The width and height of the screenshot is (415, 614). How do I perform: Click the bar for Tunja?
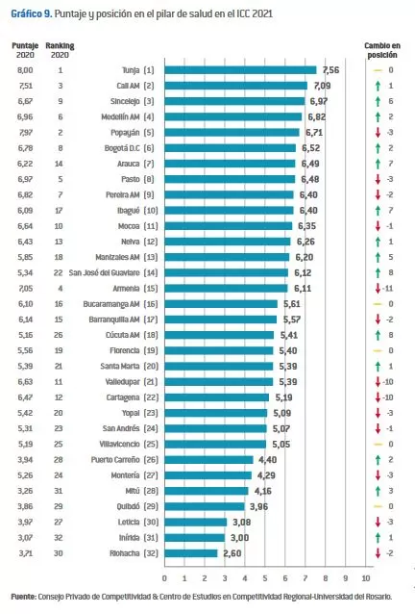[240, 70]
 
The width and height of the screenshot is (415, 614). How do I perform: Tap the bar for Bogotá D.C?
[230, 148]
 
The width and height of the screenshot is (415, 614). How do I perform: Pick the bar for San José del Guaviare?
[226, 272]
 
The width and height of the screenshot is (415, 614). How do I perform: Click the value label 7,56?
[330, 70]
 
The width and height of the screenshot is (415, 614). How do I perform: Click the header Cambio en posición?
[382, 50]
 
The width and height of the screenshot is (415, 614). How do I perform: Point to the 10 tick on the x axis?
[365, 577]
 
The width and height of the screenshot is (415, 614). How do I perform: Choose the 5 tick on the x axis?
[265, 577]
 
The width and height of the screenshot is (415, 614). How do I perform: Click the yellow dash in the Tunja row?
[378, 70]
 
